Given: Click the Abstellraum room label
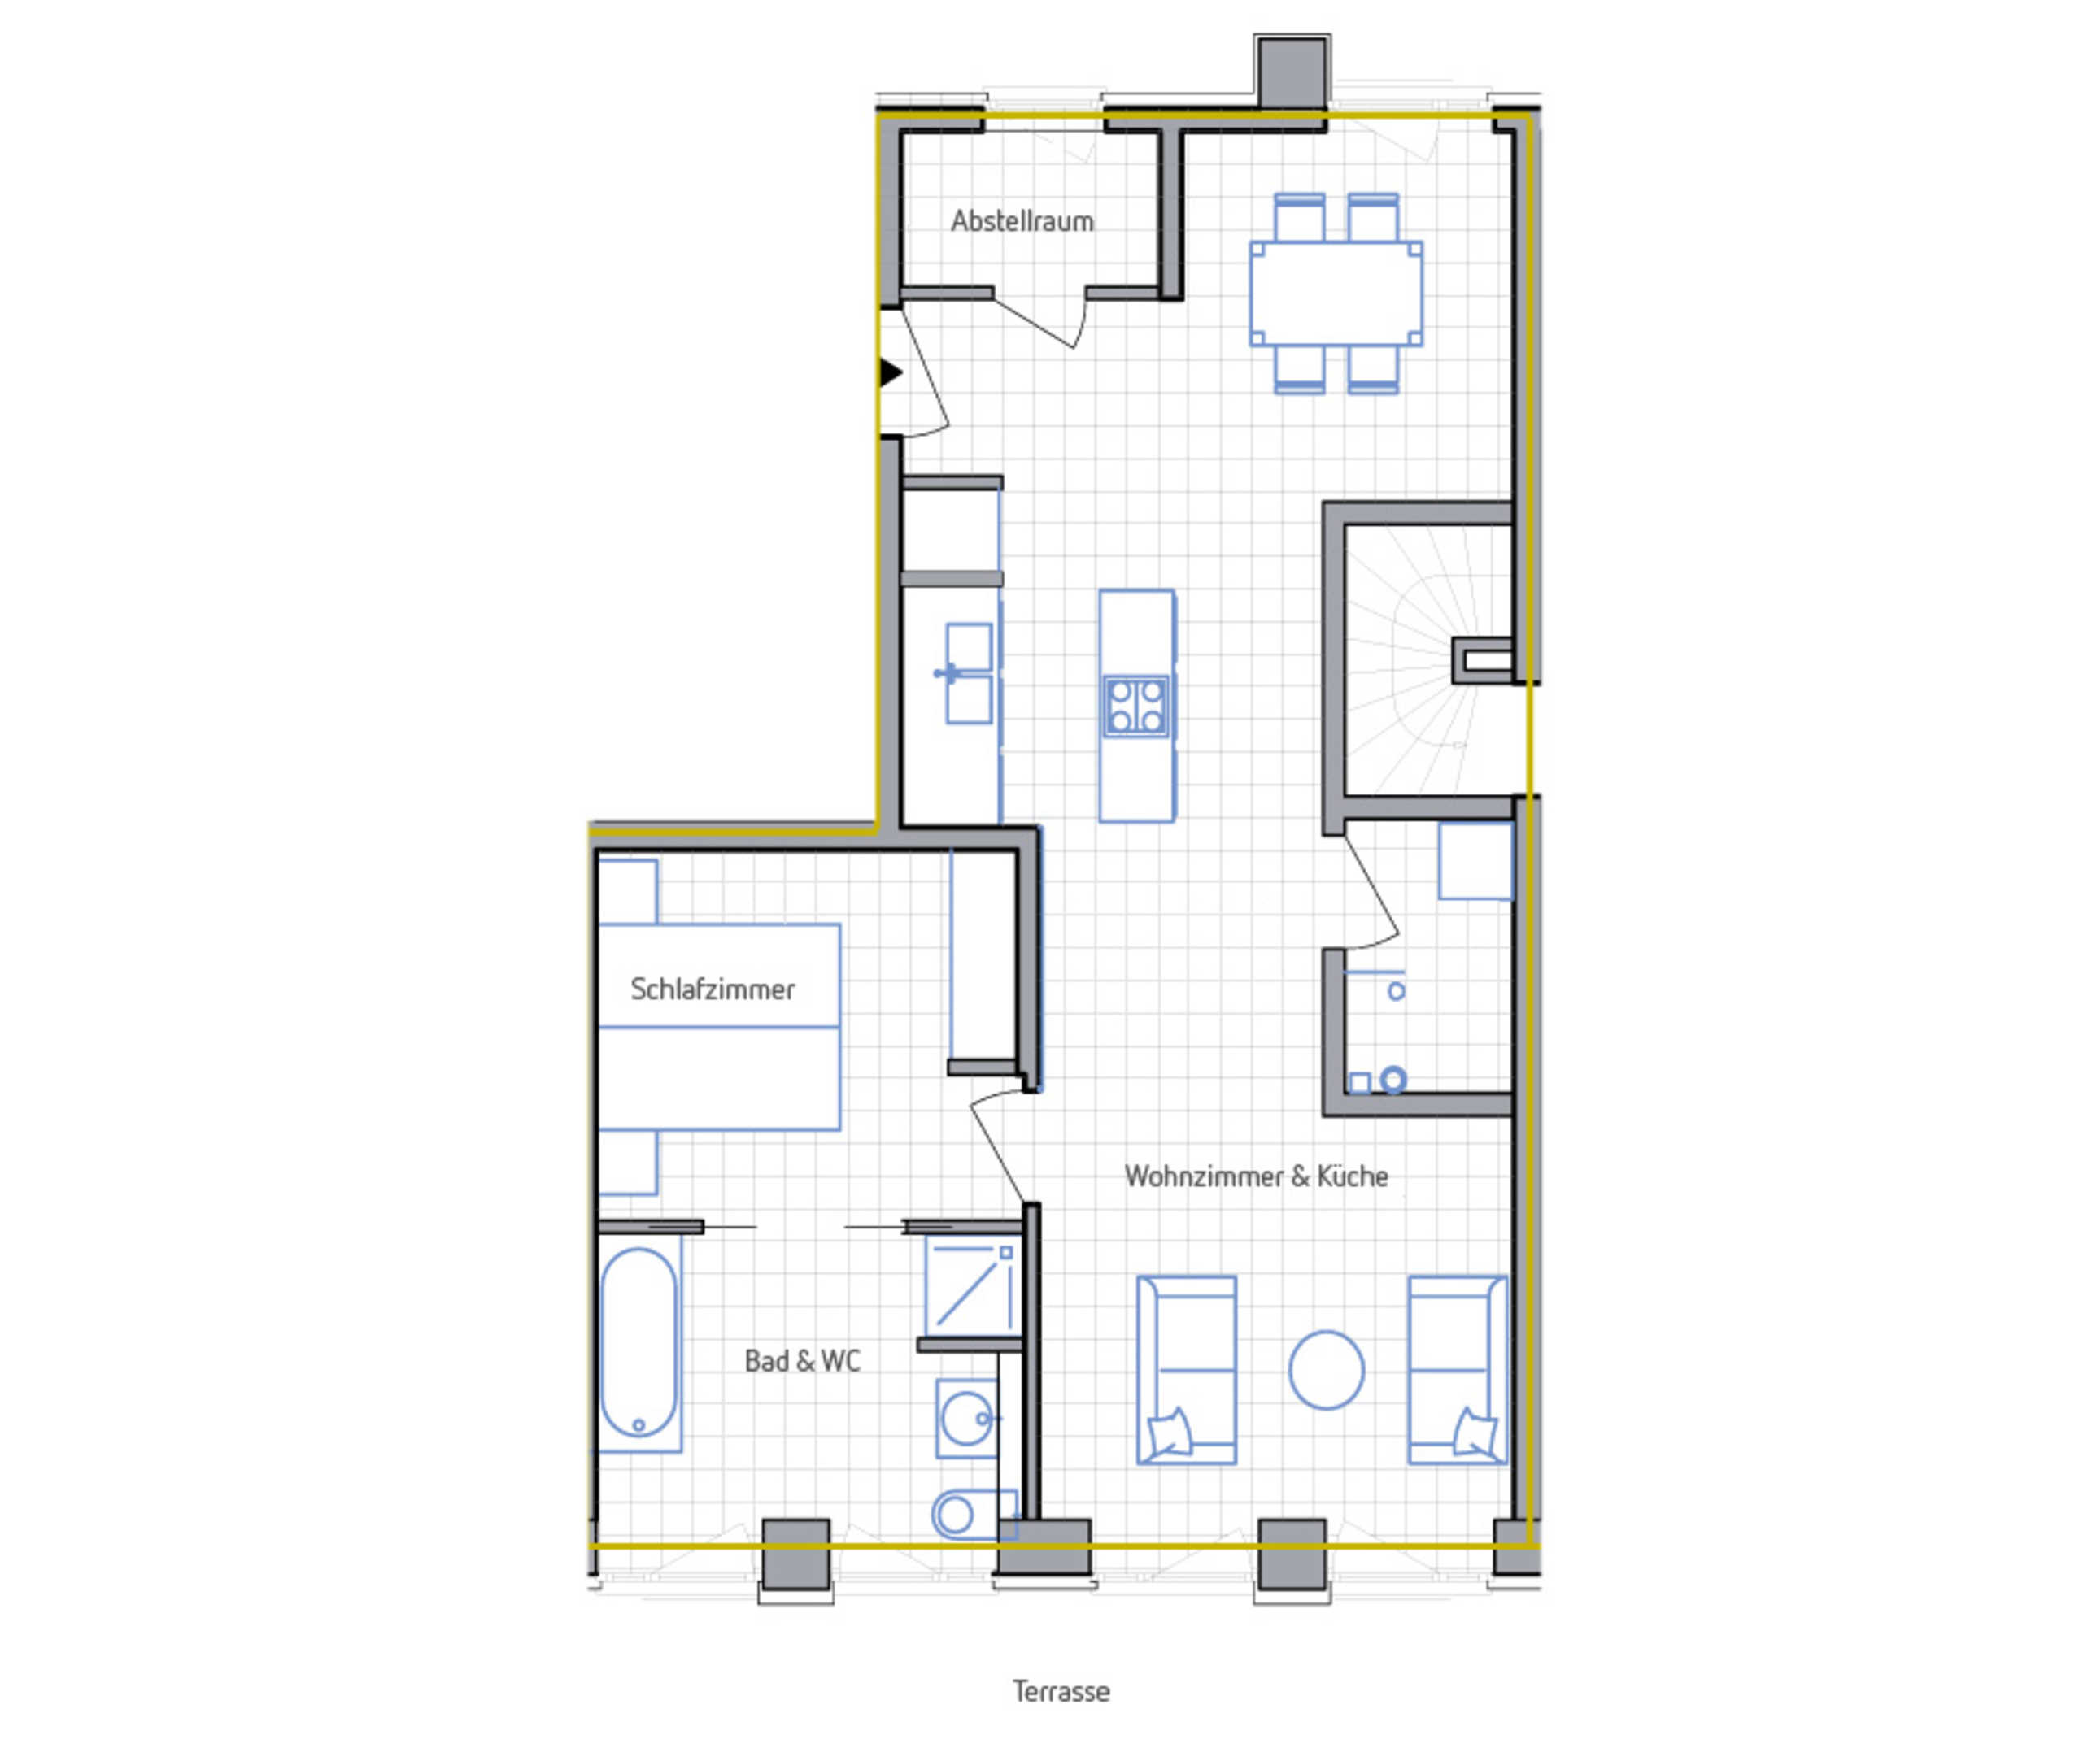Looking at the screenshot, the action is click(x=1022, y=220).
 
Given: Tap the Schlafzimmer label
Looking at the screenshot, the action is click(x=712, y=989).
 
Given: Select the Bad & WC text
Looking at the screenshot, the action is click(x=802, y=1361).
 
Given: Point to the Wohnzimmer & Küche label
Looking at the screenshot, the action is click(x=1255, y=1176).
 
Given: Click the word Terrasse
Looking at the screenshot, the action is click(x=1061, y=1691).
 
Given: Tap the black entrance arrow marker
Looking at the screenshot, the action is click(x=891, y=372).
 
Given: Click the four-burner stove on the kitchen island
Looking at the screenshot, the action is click(x=1135, y=706).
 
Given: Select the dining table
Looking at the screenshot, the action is click(x=1336, y=293).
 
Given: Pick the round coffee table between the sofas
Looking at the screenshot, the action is click(x=1326, y=1370).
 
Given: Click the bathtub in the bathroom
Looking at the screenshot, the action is click(x=639, y=1341).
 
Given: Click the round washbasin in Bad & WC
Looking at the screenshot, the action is click(x=966, y=1419).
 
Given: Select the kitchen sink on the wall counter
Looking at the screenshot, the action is click(x=969, y=673).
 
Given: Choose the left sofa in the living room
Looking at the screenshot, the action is click(x=1186, y=1370).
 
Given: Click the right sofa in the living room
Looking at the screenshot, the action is click(x=1457, y=1370).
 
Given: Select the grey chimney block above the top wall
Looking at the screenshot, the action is click(x=1292, y=72).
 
